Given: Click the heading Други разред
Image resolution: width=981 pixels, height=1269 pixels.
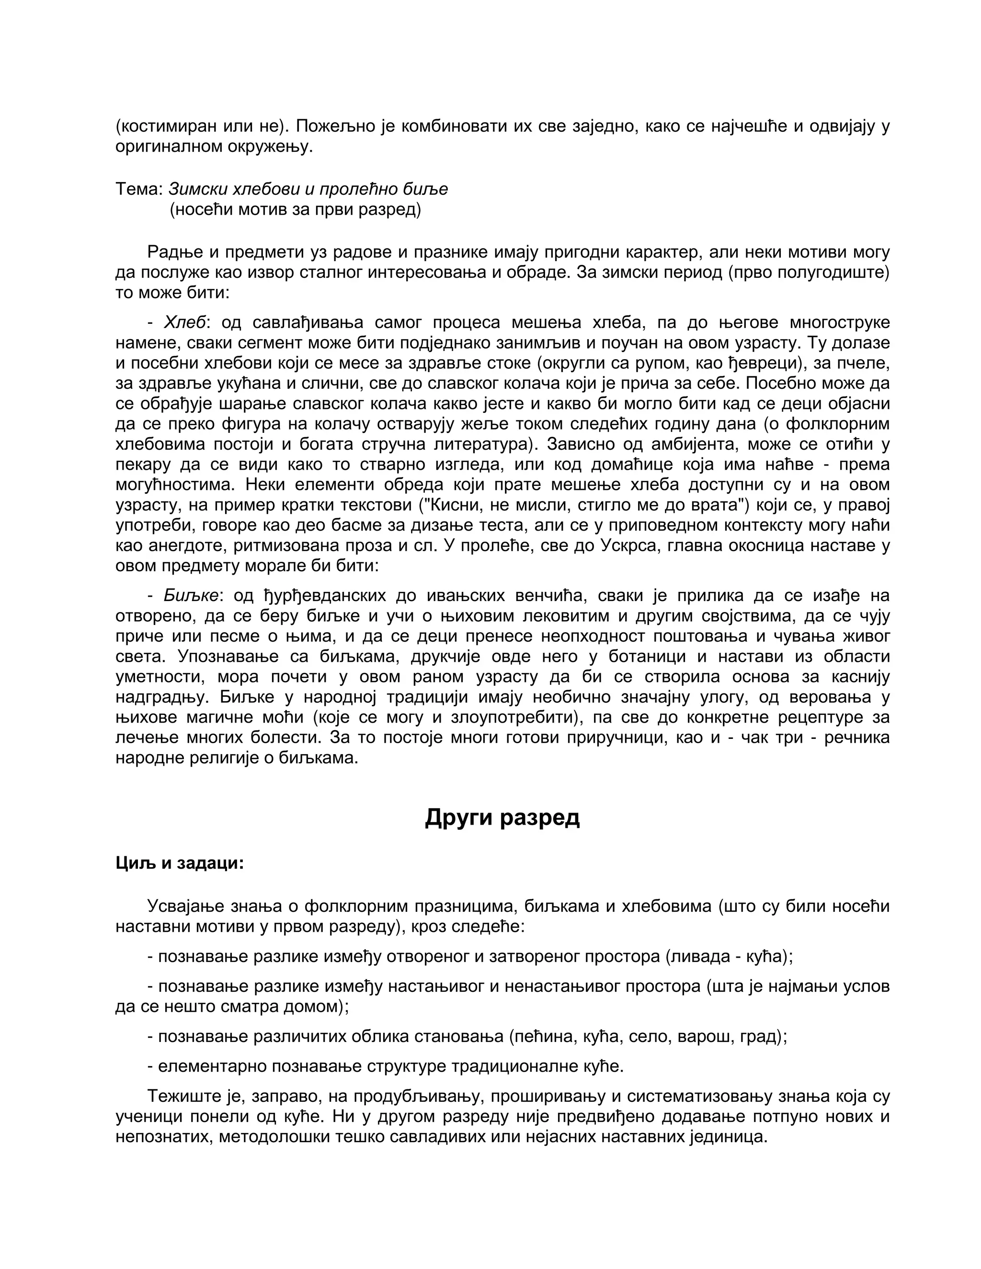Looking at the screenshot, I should click(x=502, y=817).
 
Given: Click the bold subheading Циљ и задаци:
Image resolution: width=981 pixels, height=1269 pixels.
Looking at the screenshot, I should click(x=180, y=863).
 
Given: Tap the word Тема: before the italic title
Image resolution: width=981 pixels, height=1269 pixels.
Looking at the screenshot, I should click(x=139, y=190).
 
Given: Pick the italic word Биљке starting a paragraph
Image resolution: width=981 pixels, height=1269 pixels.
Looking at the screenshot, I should click(x=191, y=596).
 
